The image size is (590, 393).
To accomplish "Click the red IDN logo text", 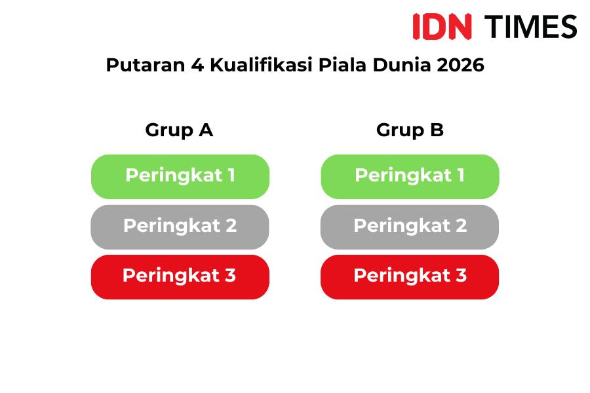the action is [442, 26].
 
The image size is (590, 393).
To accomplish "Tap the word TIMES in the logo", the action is [530, 27].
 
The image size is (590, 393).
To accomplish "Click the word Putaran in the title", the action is [146, 65].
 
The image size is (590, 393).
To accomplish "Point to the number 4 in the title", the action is [197, 65].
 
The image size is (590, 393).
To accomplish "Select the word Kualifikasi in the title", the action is [261, 65].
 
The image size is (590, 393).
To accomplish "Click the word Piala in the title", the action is [342, 65].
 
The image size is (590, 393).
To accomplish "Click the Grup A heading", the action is [179, 130].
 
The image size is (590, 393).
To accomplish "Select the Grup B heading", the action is [410, 130].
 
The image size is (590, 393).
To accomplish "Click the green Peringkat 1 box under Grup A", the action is [180, 176].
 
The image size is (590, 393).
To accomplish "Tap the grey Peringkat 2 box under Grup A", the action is [180, 227].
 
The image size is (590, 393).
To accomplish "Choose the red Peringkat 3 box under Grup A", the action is [180, 277].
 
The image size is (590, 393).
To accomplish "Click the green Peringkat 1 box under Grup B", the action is [410, 176].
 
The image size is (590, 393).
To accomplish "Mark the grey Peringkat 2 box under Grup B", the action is [410, 227].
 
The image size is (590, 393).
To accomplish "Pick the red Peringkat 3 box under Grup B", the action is [410, 277].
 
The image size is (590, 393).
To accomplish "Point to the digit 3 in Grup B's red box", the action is [462, 275].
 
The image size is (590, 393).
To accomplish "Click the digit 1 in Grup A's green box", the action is [231, 175].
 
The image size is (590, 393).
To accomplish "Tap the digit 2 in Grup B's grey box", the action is [462, 225].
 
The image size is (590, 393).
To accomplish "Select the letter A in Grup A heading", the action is [206, 130].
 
